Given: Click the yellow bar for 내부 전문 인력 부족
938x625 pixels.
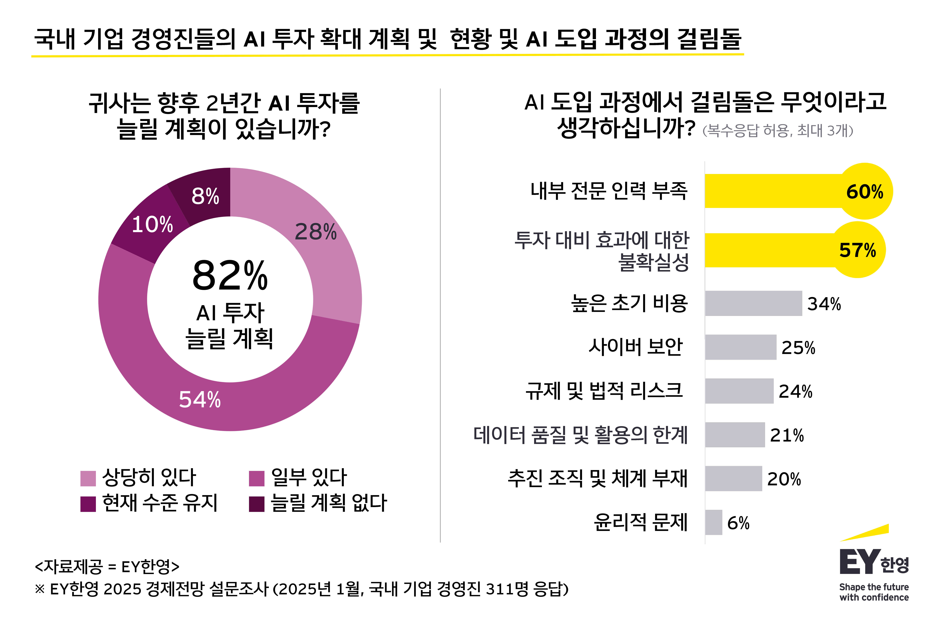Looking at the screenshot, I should [774, 191].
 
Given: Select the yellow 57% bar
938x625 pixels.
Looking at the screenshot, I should [770, 250].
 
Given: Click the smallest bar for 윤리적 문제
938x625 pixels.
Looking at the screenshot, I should [713, 522].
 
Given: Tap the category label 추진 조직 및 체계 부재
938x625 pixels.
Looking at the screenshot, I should [597, 478].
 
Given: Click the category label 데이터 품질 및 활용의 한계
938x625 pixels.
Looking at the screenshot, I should [580, 435].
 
